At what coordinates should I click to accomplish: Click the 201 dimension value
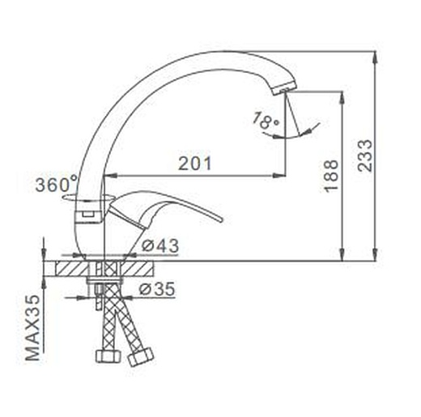(194, 164)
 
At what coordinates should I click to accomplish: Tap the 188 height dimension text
(331, 176)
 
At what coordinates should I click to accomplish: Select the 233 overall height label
(364, 155)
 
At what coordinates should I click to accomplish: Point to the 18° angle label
(266, 121)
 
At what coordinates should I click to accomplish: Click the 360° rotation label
(57, 185)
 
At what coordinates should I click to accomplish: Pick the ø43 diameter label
(160, 245)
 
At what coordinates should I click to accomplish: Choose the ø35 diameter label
(157, 289)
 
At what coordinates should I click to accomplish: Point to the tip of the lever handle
(222, 219)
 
